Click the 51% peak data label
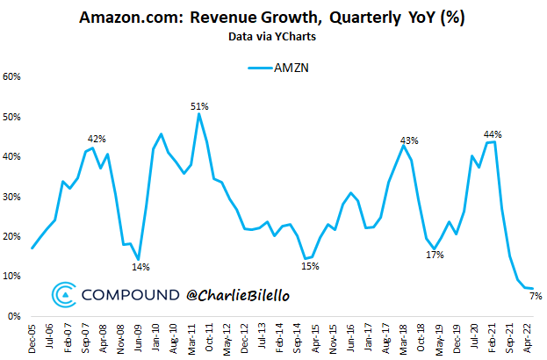click(199, 106)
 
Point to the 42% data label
click(97, 139)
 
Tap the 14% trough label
click(140, 267)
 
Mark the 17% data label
click(435, 255)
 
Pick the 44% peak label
click(493, 134)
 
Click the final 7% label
click(536, 296)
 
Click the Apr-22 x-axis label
click(530, 338)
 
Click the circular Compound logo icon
click(65, 295)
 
